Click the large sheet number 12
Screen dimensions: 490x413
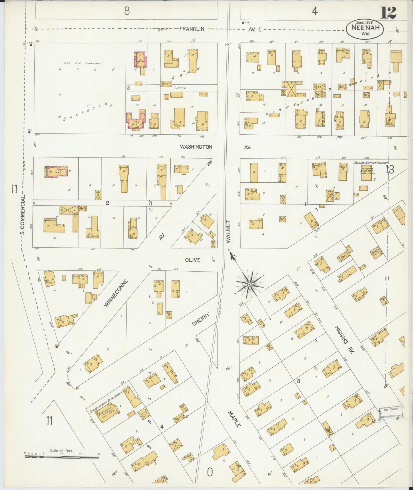[x=388, y=13]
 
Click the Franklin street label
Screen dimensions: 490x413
[x=192, y=29]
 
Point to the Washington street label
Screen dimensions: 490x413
[x=196, y=147]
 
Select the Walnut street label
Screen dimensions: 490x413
[x=228, y=232]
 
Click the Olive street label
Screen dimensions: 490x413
[x=192, y=260]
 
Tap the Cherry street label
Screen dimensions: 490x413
[x=201, y=319]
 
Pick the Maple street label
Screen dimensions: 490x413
[x=234, y=419]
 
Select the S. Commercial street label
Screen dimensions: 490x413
[x=23, y=214]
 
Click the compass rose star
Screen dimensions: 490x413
[x=250, y=284]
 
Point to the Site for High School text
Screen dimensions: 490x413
[x=83, y=63]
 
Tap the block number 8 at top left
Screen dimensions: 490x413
[x=127, y=11]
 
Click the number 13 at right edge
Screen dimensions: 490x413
[x=389, y=170]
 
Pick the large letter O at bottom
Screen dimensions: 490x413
[x=210, y=472]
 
